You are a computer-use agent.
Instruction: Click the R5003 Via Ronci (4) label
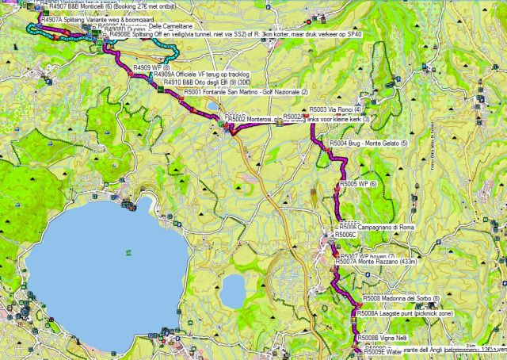(x=336, y=109)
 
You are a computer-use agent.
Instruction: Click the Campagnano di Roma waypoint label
(x=375, y=228)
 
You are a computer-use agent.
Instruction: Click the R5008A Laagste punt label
(x=404, y=314)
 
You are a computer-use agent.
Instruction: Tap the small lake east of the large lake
(x=232, y=291)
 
